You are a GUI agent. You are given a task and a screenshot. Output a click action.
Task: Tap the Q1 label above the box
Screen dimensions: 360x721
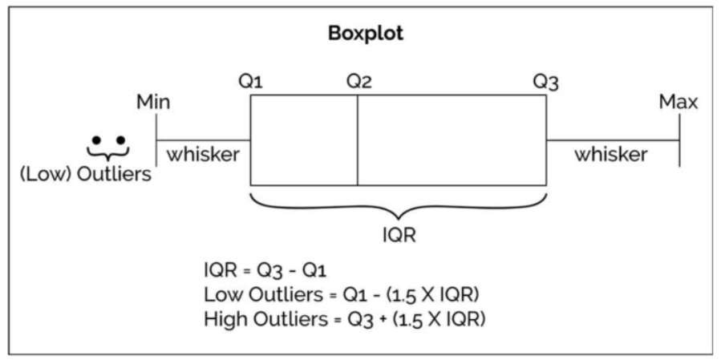pyautogui.click(x=251, y=81)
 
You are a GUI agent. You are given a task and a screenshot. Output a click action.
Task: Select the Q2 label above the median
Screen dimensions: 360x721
pyautogui.click(x=358, y=81)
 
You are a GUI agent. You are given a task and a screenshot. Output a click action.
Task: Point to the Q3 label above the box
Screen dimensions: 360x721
pyautogui.click(x=547, y=81)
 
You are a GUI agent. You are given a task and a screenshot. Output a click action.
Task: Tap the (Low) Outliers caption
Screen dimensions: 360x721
pyautogui.click(x=86, y=174)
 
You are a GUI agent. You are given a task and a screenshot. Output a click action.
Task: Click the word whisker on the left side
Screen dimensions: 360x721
pyautogui.click(x=203, y=154)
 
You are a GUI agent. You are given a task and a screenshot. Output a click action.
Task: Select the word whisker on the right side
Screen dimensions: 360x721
pyautogui.click(x=610, y=154)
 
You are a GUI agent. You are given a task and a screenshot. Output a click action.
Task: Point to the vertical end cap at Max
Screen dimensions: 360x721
pyautogui.click(x=679, y=140)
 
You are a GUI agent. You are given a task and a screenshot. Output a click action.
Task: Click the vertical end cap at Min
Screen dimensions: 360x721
pyautogui.click(x=156, y=140)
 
